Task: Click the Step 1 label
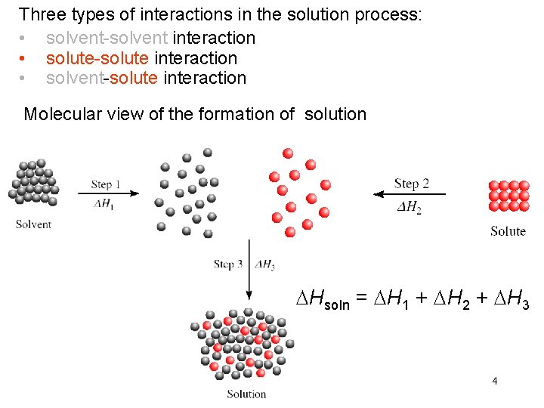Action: point(106,184)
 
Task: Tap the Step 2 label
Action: point(411,184)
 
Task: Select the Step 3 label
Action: point(228,264)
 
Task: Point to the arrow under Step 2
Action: point(409,194)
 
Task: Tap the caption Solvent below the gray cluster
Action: point(33,224)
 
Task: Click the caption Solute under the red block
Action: point(508,231)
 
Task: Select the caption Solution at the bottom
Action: point(246,394)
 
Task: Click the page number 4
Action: point(494,381)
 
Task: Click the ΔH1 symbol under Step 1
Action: point(105,205)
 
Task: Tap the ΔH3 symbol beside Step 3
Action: point(265,265)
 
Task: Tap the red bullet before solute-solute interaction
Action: point(24,58)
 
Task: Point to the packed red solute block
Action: point(508,196)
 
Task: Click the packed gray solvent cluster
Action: point(33,184)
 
